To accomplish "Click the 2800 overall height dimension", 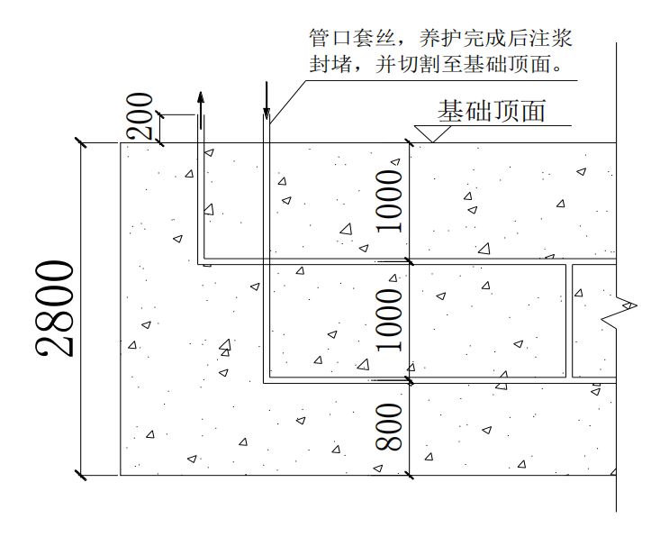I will tap(54, 308).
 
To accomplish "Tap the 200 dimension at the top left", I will tap(140, 115).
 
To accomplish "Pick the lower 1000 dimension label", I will tap(389, 320).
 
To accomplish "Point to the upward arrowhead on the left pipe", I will tap(200, 98).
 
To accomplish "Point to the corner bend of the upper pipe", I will tap(201, 263).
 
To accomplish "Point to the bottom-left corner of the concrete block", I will tap(121, 475).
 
